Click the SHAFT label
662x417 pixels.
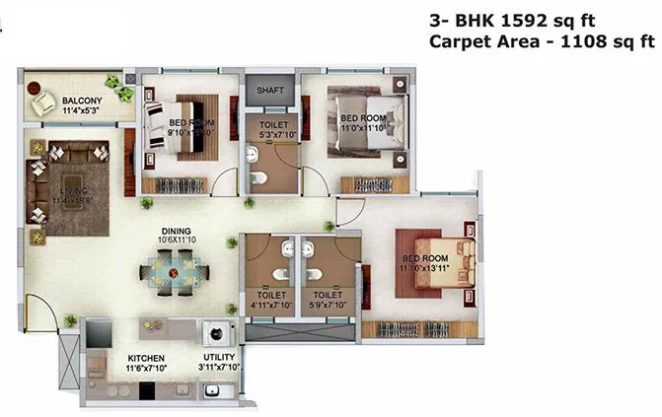[x=270, y=90]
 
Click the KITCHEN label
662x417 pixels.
[x=145, y=358]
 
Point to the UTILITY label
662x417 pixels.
[x=220, y=358]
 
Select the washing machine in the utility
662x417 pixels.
[x=212, y=332]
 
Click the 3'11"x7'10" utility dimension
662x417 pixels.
[x=221, y=369]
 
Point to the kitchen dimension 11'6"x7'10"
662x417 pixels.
[x=146, y=369]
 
